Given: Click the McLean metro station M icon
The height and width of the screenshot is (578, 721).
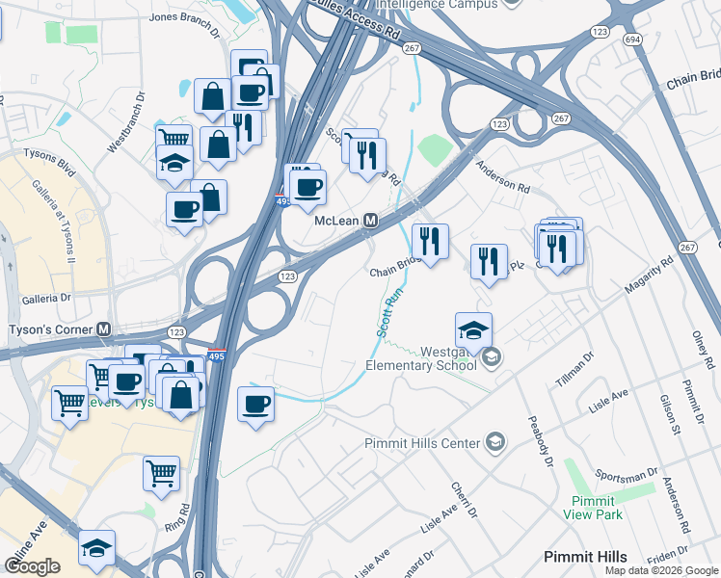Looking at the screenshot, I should pyautogui.click(x=370, y=221).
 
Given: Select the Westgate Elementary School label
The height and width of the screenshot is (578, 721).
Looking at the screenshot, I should pyautogui.click(x=421, y=358).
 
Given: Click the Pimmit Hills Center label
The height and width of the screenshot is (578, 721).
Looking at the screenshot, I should pyautogui.click(x=421, y=443).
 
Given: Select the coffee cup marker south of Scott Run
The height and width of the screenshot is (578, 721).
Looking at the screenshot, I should pyautogui.click(x=255, y=405).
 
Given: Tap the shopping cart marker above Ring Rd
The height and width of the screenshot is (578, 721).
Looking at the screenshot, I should pyautogui.click(x=161, y=473).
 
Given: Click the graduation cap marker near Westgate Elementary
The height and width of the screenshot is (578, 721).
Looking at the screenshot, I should pyautogui.click(x=473, y=329).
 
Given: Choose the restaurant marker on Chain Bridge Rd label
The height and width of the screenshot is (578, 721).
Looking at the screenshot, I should pyautogui.click(x=430, y=240).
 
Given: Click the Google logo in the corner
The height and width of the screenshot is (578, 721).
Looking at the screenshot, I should pyautogui.click(x=33, y=566).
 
